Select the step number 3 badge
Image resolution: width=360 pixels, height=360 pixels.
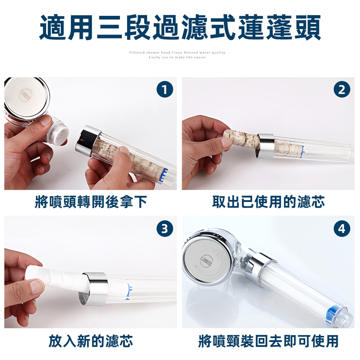click(x=165, y=229)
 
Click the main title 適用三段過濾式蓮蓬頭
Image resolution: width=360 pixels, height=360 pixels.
click(x=180, y=28)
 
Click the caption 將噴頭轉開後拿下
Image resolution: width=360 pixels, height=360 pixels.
click(x=91, y=202)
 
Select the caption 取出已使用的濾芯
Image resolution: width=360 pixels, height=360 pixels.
click(x=268, y=202)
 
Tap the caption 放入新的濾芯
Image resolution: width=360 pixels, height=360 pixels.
click(x=91, y=341)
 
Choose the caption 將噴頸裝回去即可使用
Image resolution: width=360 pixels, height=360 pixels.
click(x=268, y=341)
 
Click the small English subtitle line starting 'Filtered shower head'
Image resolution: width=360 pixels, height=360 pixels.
click(x=177, y=53)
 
